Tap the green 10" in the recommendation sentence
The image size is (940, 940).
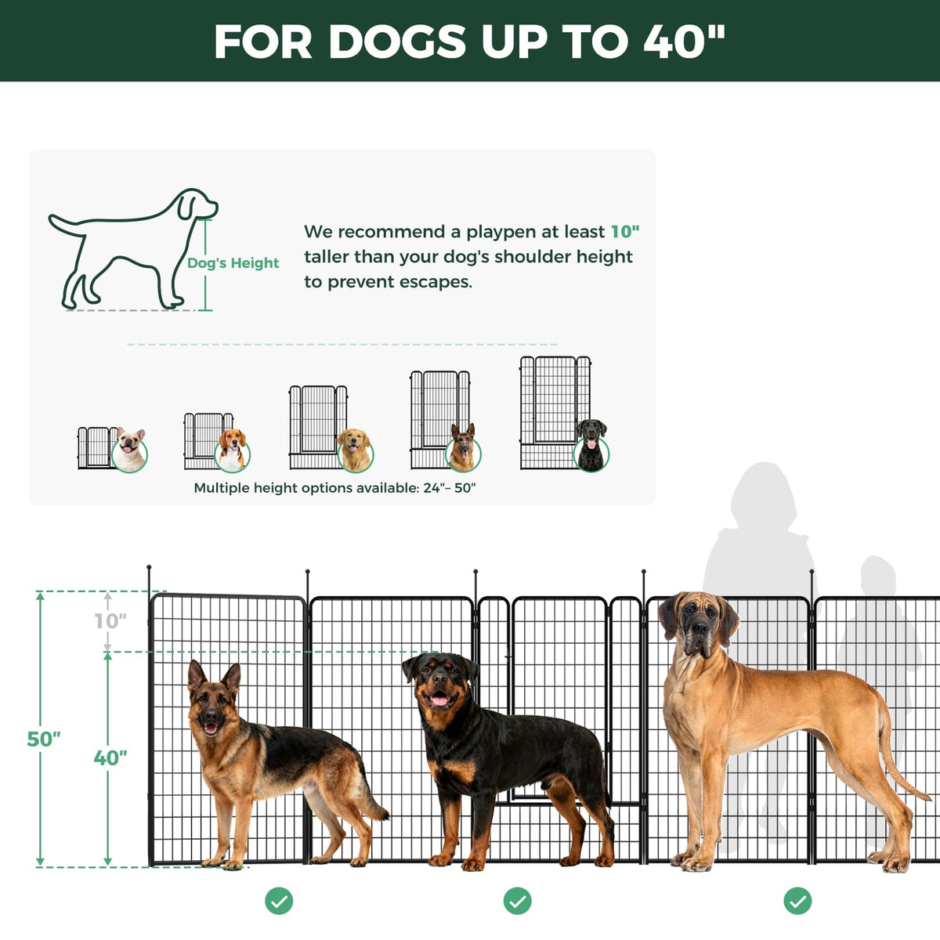tap(625, 232)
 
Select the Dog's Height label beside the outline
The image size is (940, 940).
tap(233, 263)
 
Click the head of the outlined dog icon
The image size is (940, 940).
tap(196, 204)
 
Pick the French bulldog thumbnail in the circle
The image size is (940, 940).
tap(129, 450)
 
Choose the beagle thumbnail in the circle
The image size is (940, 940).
tap(232, 450)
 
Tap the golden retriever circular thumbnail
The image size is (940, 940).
tap(355, 450)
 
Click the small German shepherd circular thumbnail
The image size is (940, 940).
tap(463, 448)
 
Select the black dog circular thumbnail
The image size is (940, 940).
tap(591, 446)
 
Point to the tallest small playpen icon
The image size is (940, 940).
tap(555, 413)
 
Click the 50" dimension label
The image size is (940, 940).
tap(43, 739)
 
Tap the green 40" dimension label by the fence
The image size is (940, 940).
tap(110, 757)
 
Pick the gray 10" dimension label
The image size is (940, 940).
tap(110, 621)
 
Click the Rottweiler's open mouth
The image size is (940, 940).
tap(440, 700)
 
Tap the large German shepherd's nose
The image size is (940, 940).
tap(211, 717)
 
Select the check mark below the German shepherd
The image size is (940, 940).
tap(279, 901)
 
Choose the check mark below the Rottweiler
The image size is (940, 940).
tap(518, 901)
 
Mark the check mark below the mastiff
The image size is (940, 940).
tap(797, 901)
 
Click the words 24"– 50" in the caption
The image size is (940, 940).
tap(450, 488)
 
